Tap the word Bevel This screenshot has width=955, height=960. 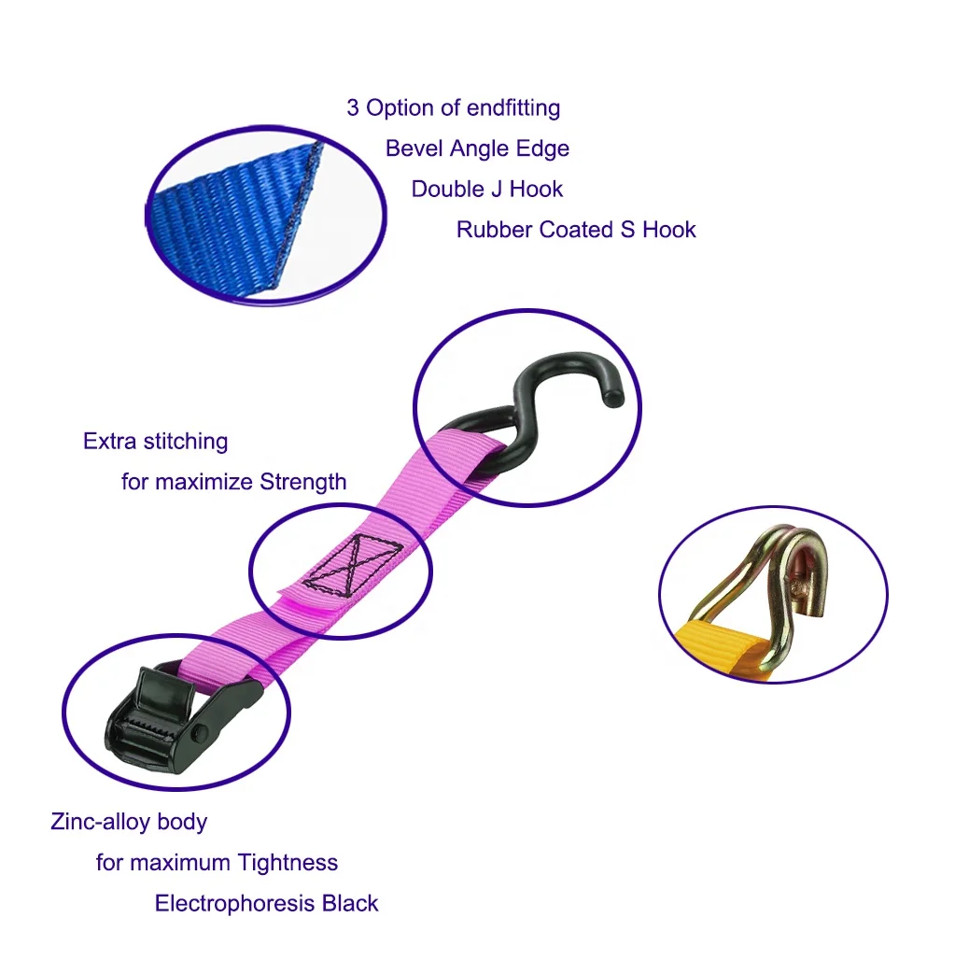tap(414, 148)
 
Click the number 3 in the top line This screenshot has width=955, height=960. tap(353, 108)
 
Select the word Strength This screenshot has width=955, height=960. tap(302, 482)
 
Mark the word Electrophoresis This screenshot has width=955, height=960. tap(234, 903)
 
